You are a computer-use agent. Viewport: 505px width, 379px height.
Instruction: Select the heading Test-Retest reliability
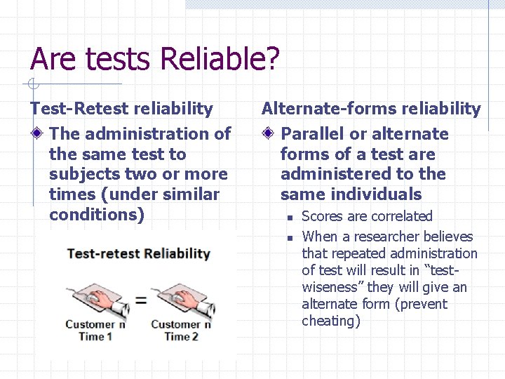click(x=121, y=108)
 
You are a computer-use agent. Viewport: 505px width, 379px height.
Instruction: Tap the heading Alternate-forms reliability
click(x=371, y=108)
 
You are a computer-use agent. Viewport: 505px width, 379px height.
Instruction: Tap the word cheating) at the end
click(x=331, y=321)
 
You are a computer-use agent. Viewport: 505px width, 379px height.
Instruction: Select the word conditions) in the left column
click(x=97, y=215)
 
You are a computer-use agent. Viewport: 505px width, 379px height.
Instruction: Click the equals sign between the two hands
click(x=140, y=300)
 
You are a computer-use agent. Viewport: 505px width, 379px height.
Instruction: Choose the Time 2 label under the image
click(x=181, y=336)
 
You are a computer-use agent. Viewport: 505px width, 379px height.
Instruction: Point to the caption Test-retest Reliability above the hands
click(x=138, y=253)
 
